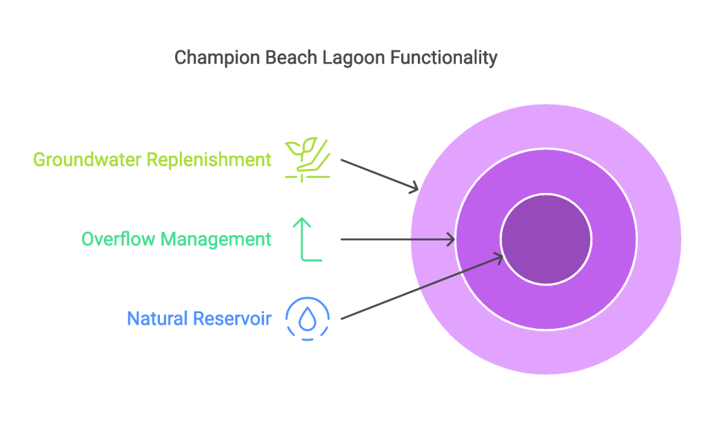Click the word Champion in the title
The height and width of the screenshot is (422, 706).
click(x=217, y=59)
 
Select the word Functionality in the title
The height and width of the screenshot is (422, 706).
click(x=443, y=59)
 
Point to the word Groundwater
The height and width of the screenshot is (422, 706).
click(x=88, y=160)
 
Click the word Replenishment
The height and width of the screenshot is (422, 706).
click(x=209, y=161)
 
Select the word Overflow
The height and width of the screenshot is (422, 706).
click(x=118, y=239)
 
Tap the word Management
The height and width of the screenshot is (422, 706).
click(x=216, y=240)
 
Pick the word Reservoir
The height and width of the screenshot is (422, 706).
click(x=232, y=319)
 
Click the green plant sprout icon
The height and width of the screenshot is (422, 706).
click(x=307, y=160)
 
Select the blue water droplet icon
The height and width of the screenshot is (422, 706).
click(x=307, y=319)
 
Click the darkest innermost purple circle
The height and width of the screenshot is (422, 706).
click(x=546, y=239)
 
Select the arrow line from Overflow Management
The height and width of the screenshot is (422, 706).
click(x=398, y=239)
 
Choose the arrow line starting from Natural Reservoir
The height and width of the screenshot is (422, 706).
click(x=422, y=288)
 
